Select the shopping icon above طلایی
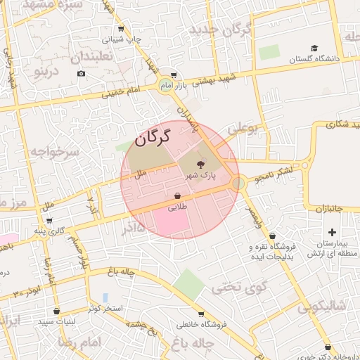177,196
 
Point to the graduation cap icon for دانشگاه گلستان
314,49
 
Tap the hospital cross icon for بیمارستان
332,232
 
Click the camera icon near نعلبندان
81,74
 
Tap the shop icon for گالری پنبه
48,221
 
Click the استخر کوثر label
105,309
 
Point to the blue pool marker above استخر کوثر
105,297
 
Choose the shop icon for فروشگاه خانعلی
201,314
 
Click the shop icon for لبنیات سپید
56,310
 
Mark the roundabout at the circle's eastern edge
238,183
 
